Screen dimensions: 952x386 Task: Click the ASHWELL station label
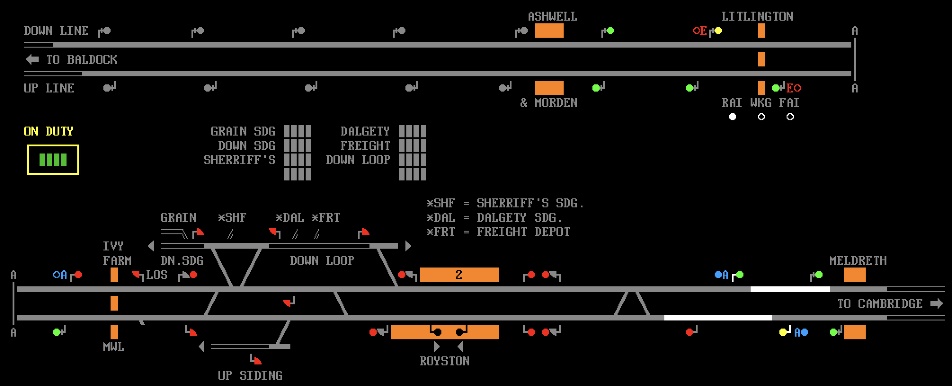pyautogui.click(x=552, y=17)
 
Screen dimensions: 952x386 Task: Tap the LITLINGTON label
pyautogui.click(x=757, y=17)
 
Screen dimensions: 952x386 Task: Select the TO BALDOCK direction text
pyautogui.click(x=81, y=60)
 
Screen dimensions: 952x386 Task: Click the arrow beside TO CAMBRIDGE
pyautogui.click(x=937, y=303)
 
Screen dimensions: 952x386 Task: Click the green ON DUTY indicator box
pyautogui.click(x=53, y=160)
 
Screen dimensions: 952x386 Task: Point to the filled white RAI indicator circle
pyautogui.click(x=733, y=117)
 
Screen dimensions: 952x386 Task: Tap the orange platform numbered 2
pyautogui.click(x=459, y=275)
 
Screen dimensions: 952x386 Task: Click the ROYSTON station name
pyautogui.click(x=445, y=361)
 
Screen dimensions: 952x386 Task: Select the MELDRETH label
pyautogui.click(x=858, y=261)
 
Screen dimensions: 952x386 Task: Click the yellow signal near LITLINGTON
pyautogui.click(x=718, y=31)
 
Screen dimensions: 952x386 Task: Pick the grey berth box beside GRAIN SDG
pyautogui.click(x=298, y=132)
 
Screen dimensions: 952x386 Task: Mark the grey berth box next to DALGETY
pyautogui.click(x=413, y=132)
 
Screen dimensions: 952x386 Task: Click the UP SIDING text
pyautogui.click(x=250, y=376)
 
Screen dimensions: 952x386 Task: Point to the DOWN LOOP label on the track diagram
pyautogui.click(x=322, y=261)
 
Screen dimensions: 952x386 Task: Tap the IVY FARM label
pyautogui.click(x=117, y=254)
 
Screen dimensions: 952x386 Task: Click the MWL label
pyautogui.click(x=114, y=347)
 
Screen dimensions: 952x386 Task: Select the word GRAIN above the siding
pyautogui.click(x=178, y=218)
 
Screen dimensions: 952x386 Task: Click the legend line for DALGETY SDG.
pyautogui.click(x=495, y=218)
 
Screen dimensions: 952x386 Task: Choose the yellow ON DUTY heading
pyautogui.click(x=49, y=132)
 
